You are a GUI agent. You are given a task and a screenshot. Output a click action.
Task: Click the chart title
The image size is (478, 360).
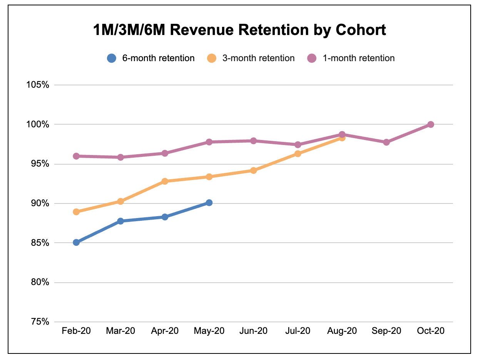click(x=239, y=30)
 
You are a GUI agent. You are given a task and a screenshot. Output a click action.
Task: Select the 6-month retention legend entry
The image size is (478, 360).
click(x=150, y=58)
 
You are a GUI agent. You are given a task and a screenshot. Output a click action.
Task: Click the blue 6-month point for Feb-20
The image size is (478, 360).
click(x=76, y=242)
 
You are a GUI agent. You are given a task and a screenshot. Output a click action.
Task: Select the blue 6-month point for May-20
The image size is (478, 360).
click(x=209, y=203)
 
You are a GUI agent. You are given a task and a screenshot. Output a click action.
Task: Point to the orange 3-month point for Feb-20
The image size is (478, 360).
click(x=76, y=212)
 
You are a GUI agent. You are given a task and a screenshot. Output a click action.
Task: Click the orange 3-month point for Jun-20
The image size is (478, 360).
click(x=253, y=170)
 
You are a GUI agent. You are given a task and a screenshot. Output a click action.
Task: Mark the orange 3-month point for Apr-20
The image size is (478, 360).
click(x=165, y=181)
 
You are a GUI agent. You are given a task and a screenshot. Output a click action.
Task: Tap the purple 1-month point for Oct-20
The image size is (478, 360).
click(x=431, y=125)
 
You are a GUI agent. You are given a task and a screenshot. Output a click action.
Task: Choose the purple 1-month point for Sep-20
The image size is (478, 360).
click(x=386, y=142)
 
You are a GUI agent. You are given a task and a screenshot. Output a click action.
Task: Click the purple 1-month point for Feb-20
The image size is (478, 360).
click(x=76, y=156)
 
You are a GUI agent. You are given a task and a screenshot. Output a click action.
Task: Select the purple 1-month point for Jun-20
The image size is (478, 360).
click(x=253, y=141)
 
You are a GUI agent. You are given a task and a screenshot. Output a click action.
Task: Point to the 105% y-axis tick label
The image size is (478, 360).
click(x=38, y=85)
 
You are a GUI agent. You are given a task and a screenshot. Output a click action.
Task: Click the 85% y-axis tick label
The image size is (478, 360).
click(x=39, y=243)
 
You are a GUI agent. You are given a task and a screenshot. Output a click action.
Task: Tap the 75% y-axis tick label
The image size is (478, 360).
click(x=39, y=322)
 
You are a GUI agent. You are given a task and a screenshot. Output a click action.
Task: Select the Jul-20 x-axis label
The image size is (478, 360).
click(x=297, y=331)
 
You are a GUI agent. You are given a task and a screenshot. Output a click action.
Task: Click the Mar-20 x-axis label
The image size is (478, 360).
click(x=120, y=331)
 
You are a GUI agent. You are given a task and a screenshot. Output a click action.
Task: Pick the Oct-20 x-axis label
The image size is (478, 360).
click(x=431, y=331)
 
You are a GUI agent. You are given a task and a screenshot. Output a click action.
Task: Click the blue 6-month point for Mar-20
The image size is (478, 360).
click(x=120, y=221)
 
